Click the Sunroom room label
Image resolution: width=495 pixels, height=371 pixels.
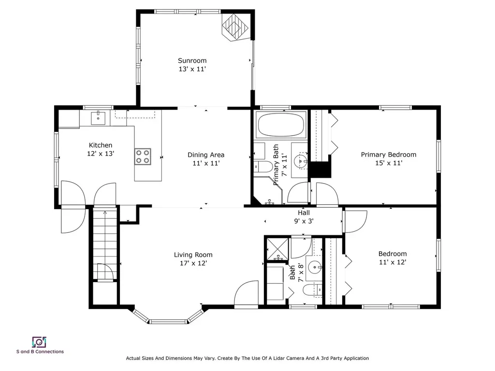[x=192, y=60]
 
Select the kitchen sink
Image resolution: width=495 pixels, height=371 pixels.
[x=99, y=117]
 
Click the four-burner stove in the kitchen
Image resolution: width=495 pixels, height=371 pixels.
[x=143, y=157]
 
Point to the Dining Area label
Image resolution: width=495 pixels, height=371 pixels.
[x=206, y=155]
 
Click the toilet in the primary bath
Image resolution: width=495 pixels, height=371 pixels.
[x=263, y=166]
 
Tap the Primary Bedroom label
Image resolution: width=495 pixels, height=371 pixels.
[x=389, y=155]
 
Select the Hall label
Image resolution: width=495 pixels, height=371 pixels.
[x=304, y=213]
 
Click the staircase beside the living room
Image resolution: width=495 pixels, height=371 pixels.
[x=105, y=243]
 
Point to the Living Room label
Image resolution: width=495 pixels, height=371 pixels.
[x=193, y=255]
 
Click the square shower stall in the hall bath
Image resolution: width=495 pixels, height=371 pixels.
[x=277, y=249]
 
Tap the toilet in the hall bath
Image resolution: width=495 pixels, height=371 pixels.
[x=313, y=289]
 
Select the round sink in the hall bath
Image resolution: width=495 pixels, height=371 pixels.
[x=314, y=268]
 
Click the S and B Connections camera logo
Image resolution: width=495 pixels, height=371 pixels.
[x=39, y=342]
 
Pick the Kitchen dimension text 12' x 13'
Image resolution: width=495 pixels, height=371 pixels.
[x=101, y=154]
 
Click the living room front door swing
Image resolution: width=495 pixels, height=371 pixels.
[x=246, y=293]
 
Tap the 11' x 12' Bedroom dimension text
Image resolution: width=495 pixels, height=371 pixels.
[x=393, y=262]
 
